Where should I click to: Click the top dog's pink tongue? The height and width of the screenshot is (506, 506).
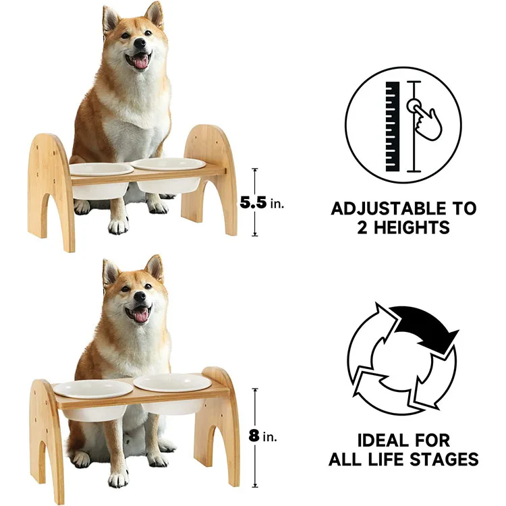click(x=141, y=62)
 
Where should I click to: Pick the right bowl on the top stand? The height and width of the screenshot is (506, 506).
click(x=169, y=173)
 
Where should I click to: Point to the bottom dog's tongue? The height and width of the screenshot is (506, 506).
click(x=141, y=314)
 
